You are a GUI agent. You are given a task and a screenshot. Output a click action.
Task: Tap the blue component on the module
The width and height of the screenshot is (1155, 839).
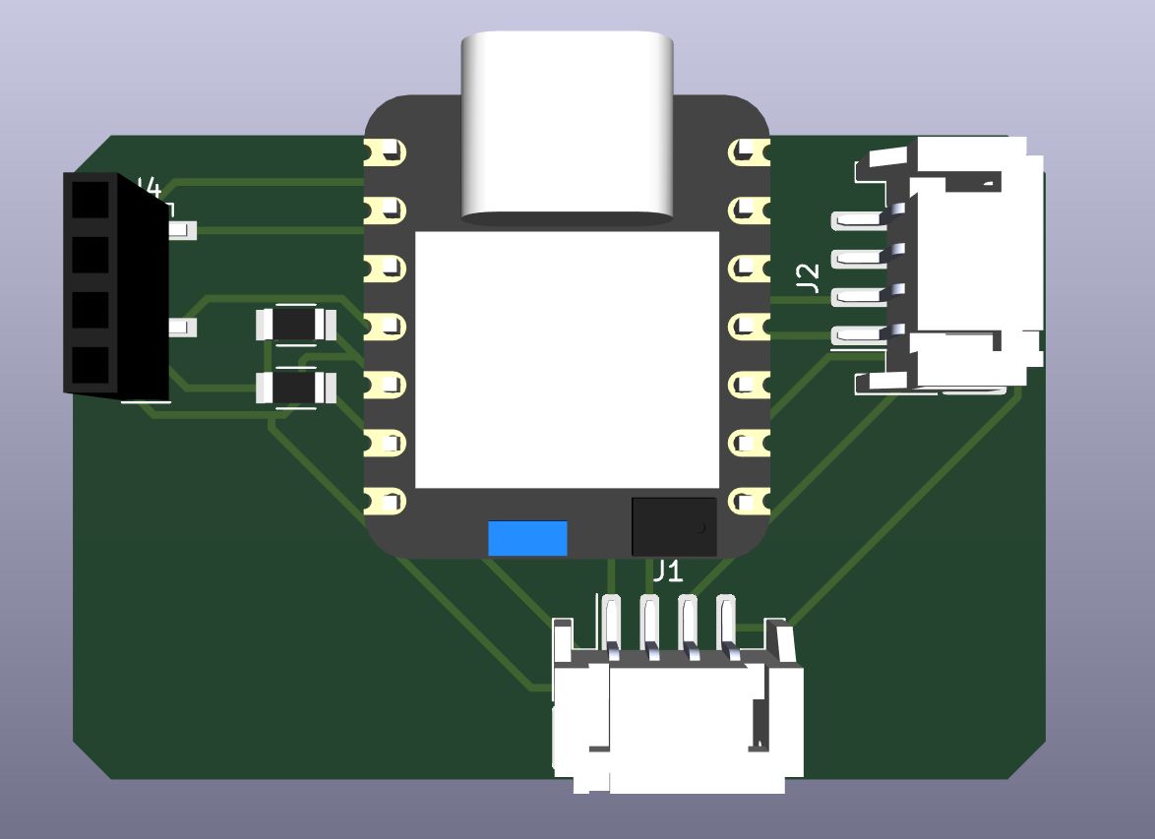[527, 538]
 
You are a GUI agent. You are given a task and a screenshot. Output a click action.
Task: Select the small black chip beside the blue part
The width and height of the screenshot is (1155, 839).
[673, 525]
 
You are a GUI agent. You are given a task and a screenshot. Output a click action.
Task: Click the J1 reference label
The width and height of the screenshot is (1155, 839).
[667, 570]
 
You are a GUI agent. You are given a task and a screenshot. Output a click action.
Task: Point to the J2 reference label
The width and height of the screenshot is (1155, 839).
[808, 277]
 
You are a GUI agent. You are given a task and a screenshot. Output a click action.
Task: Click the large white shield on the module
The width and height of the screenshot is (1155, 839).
[567, 359]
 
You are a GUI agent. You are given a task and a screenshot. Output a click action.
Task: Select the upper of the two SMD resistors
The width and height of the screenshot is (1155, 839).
[295, 324]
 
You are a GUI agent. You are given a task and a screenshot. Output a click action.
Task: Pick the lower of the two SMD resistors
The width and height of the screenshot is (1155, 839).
[295, 388]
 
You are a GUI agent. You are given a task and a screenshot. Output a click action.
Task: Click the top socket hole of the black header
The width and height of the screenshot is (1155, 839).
[90, 204]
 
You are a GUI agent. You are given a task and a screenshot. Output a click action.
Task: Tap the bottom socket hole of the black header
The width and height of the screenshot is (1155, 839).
[90, 366]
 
